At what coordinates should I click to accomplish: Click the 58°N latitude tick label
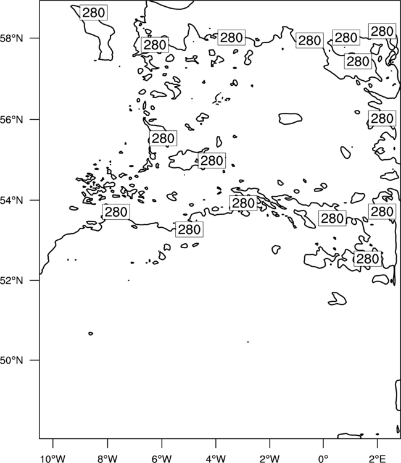12,38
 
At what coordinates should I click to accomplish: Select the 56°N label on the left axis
12,120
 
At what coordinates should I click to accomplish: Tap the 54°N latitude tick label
12,201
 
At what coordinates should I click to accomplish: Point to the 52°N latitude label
12,280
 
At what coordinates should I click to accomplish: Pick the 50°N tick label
12,361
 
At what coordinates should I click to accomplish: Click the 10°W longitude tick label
53,459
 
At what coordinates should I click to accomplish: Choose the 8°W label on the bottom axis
107,459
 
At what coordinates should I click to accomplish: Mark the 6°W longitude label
162,459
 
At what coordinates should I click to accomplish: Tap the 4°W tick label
216,459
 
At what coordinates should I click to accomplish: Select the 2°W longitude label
270,459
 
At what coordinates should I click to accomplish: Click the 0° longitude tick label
323,459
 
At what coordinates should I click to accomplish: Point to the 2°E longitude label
378,459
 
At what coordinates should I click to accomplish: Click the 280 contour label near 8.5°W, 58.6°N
94,13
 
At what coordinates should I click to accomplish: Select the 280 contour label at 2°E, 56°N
382,119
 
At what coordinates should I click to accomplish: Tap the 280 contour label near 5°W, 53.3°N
189,230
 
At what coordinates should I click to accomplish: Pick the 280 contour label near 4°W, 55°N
212,161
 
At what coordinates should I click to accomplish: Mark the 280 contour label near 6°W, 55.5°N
163,138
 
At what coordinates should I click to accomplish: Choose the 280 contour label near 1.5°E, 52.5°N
368,259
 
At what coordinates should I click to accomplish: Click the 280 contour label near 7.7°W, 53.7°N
116,212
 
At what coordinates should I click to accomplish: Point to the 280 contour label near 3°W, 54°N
244,203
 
